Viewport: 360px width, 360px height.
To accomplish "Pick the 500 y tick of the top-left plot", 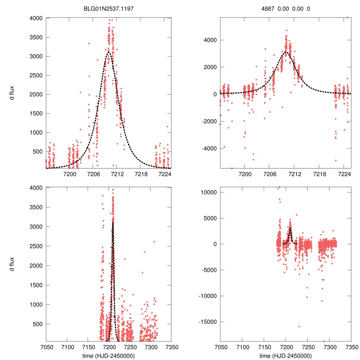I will [x=37, y=152].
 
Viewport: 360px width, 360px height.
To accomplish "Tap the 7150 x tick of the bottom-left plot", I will [x=88, y=347].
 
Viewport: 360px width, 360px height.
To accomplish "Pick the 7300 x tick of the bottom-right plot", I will [x=329, y=347].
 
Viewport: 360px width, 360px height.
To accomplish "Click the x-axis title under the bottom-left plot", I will [x=108, y=355].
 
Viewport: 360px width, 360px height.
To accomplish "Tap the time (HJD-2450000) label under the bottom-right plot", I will [x=285, y=355].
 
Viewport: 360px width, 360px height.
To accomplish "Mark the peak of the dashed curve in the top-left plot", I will [x=109, y=52].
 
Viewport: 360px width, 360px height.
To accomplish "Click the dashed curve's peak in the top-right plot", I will [x=285, y=52].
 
